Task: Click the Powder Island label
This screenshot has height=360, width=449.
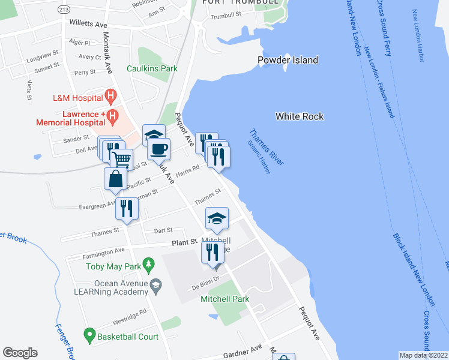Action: pos(288,60)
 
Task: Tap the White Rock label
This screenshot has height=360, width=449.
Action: pos(300,116)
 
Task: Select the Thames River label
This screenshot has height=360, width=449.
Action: pos(267,148)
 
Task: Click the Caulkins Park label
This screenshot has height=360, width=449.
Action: pos(152,68)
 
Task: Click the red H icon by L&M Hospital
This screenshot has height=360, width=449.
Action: pos(110,95)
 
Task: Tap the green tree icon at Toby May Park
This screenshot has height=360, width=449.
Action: pos(150,262)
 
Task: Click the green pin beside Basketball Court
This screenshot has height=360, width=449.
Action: pos(89,334)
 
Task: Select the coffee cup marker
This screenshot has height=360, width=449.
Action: pos(158,149)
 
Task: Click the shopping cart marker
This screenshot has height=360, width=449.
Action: pos(121,159)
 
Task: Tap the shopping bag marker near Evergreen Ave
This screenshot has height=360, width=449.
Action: pos(115,179)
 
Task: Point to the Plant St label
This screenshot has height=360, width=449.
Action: pos(185,242)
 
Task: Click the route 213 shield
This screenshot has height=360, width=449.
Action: pos(64,10)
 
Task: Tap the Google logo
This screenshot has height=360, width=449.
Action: pos(20,353)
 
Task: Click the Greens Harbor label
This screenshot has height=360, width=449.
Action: pos(259,158)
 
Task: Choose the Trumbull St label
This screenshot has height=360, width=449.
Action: pos(225,16)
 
